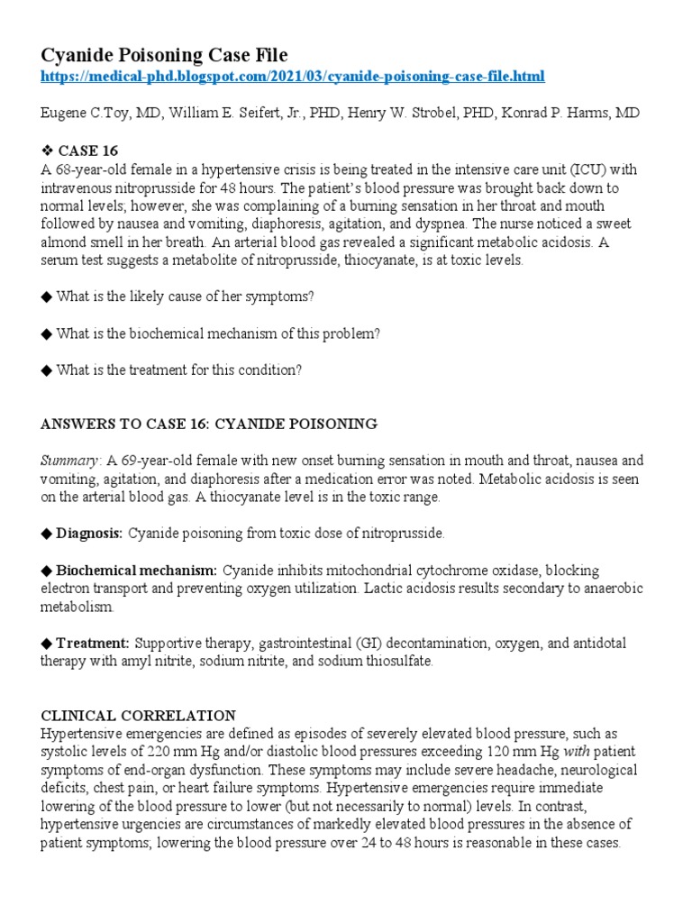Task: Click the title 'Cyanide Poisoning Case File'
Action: tap(165, 55)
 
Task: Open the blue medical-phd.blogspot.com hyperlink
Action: tap(293, 77)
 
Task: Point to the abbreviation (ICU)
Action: tap(569, 169)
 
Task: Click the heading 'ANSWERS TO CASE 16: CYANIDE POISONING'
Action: tap(208, 424)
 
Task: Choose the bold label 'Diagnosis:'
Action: tap(89, 534)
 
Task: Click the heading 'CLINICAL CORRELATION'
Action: tap(138, 716)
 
